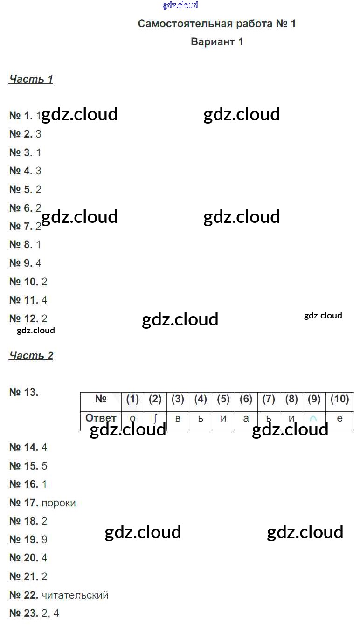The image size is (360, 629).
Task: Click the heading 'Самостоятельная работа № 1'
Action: pyautogui.click(x=217, y=24)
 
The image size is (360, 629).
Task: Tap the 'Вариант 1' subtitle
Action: pyautogui.click(x=217, y=42)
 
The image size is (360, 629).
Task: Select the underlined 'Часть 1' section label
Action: pyautogui.click(x=31, y=79)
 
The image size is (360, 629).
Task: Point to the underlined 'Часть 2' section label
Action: pyautogui.click(x=31, y=356)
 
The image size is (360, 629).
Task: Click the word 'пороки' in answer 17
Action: pyautogui.click(x=58, y=503)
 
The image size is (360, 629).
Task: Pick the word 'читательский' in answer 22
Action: pyautogui.click(x=75, y=595)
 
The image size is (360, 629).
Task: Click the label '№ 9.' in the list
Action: pyautogui.click(x=21, y=263)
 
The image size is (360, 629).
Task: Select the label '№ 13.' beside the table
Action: pyautogui.click(x=24, y=393)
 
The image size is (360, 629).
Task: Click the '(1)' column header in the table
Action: pyautogui.click(x=132, y=400)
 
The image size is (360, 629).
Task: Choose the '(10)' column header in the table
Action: pyautogui.click(x=339, y=400)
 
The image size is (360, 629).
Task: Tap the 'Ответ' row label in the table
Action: pyautogui.click(x=101, y=418)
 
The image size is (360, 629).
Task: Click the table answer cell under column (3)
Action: pyautogui.click(x=178, y=419)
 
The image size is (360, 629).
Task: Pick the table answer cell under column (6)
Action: pyautogui.click(x=246, y=419)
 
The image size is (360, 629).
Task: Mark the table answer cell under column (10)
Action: pyautogui.click(x=339, y=419)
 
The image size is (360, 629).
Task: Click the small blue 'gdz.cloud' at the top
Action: pyautogui.click(x=180, y=6)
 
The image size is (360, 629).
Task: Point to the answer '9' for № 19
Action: pyautogui.click(x=44, y=540)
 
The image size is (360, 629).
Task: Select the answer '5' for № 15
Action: pyautogui.click(x=44, y=466)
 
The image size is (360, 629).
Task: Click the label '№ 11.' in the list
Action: pyautogui.click(x=23, y=300)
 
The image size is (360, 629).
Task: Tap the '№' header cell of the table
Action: pyautogui.click(x=101, y=400)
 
